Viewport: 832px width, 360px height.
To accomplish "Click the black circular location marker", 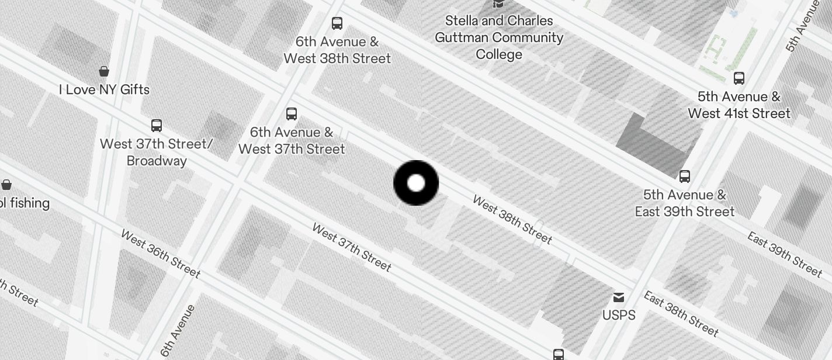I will [x=416, y=183].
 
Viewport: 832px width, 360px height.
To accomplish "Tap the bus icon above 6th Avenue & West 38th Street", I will [x=337, y=23].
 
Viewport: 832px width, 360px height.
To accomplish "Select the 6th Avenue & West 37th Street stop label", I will [x=292, y=140].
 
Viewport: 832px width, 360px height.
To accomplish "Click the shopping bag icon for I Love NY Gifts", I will [x=104, y=71].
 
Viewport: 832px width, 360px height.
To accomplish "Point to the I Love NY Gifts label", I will [x=104, y=89].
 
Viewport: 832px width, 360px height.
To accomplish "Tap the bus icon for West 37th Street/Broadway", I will [x=157, y=125].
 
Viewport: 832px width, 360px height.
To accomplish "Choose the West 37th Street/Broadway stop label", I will [x=157, y=152].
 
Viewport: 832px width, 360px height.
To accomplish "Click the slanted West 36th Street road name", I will [x=161, y=253].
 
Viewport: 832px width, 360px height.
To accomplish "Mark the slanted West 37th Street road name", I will [x=351, y=247].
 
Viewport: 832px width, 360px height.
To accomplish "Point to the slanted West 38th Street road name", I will [x=512, y=220].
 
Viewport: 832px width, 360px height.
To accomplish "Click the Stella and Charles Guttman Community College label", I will [x=499, y=37].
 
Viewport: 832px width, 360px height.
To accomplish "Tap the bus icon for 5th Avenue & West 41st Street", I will [x=739, y=78].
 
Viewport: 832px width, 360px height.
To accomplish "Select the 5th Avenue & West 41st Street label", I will [x=739, y=105].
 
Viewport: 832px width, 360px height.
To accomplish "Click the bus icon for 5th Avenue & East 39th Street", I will [x=685, y=176].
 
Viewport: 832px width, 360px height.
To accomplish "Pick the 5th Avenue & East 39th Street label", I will [x=685, y=203].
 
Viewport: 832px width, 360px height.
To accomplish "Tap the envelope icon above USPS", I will [x=619, y=298].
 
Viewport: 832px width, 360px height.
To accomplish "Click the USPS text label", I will [x=619, y=315].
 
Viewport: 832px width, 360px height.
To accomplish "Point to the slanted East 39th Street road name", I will [x=785, y=254].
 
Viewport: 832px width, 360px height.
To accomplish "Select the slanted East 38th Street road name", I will [x=681, y=313].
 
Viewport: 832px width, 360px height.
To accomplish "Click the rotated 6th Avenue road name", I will [x=178, y=331].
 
